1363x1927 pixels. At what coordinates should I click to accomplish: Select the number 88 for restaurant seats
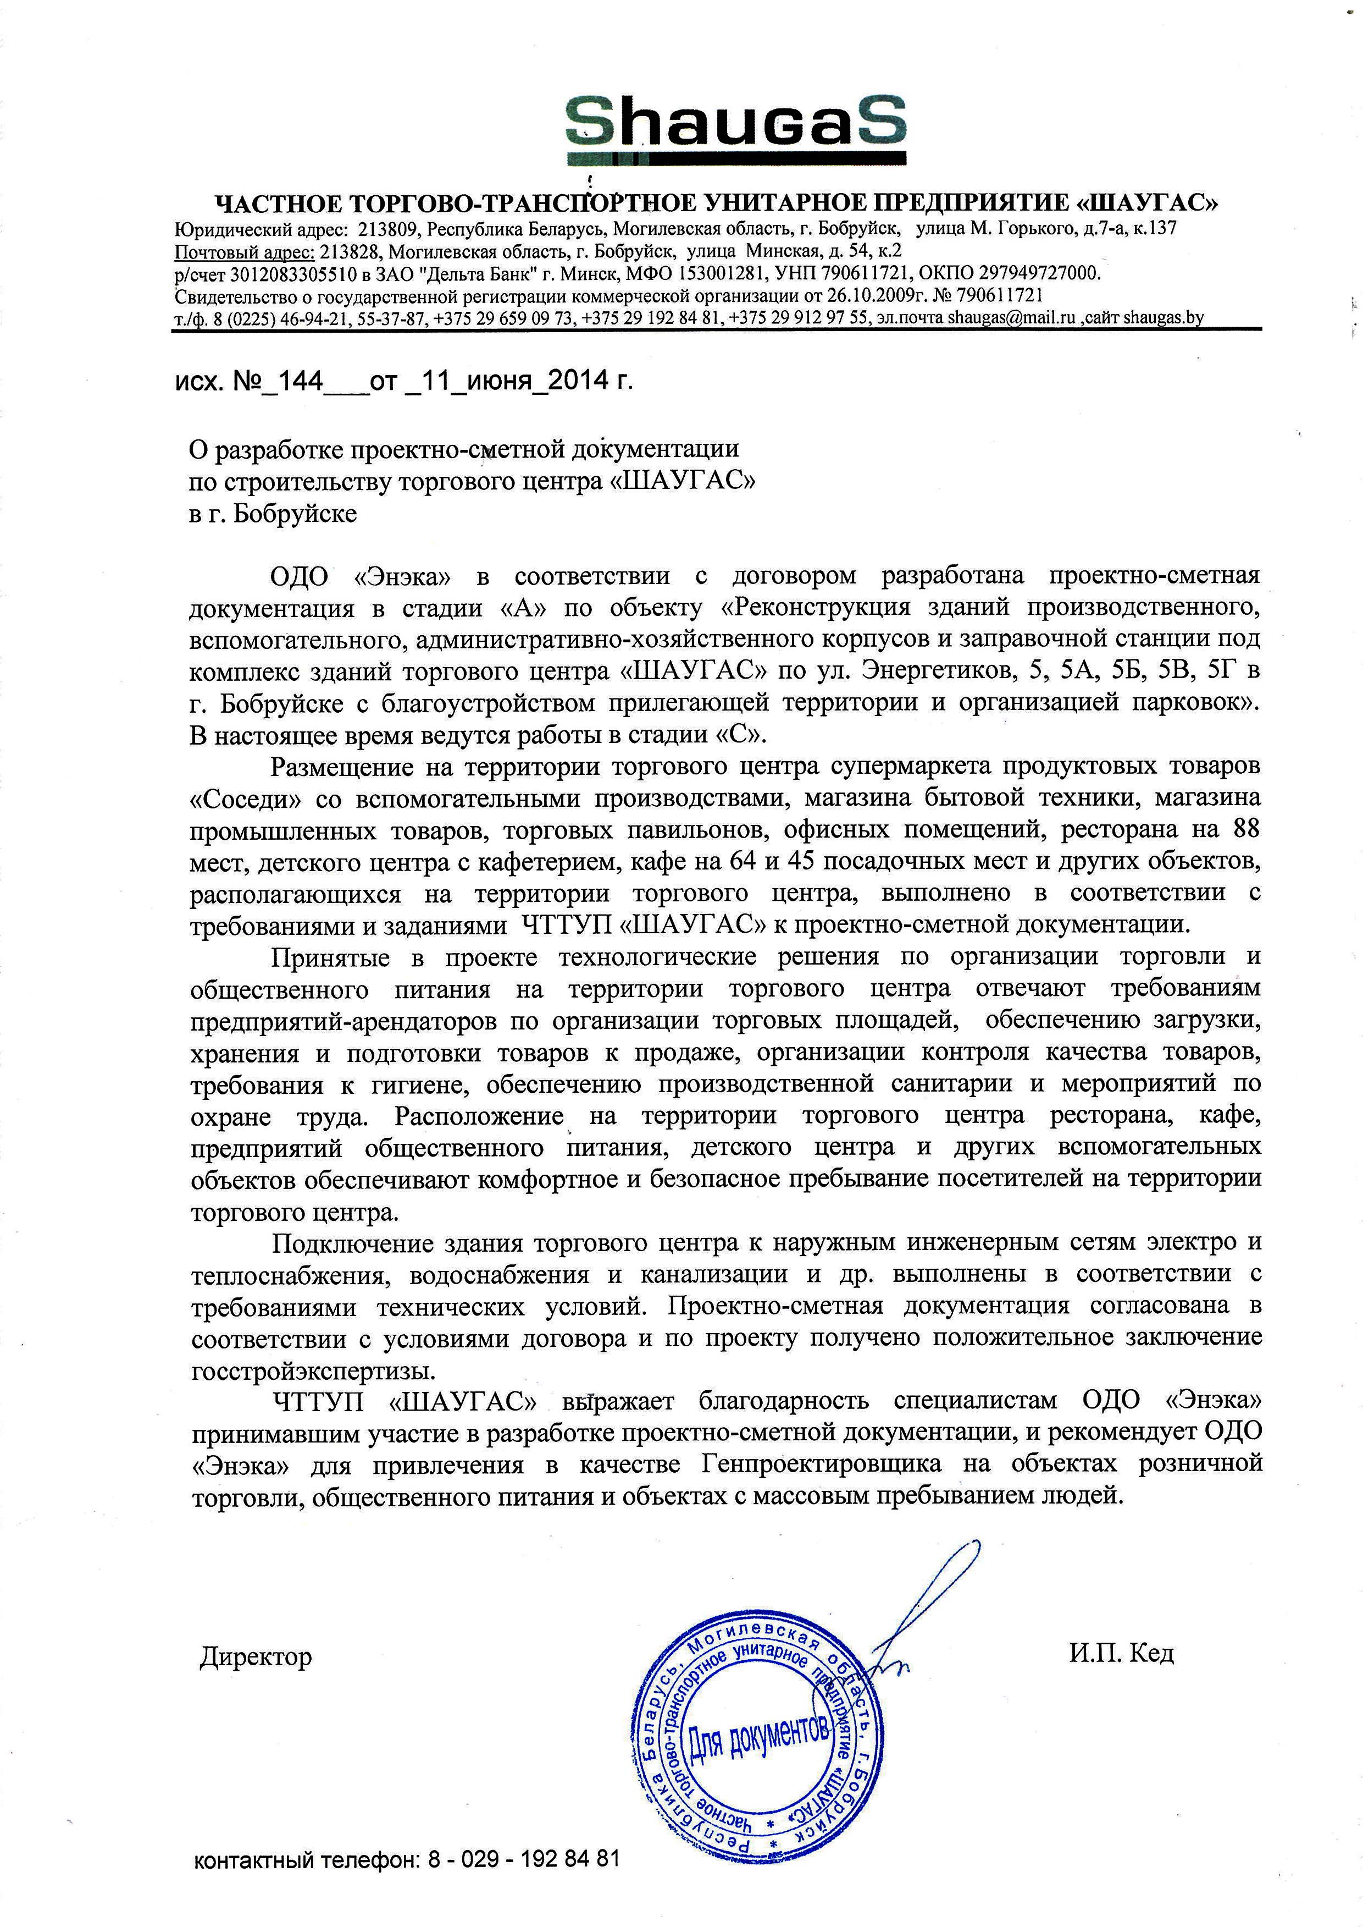(x=1242, y=829)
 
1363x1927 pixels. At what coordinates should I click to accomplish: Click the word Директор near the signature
(x=256, y=1656)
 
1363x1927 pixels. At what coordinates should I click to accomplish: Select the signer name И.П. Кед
(x=1121, y=1653)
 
